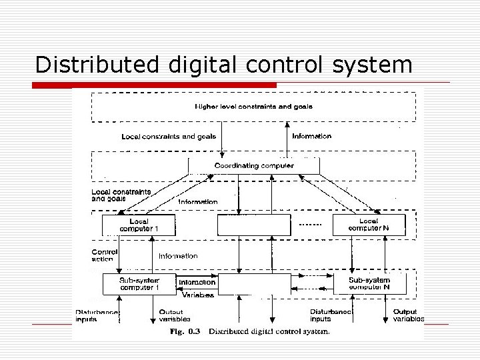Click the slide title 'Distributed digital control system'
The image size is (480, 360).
click(x=223, y=65)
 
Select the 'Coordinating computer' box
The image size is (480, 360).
click(x=254, y=165)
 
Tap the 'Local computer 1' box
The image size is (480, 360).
click(x=139, y=225)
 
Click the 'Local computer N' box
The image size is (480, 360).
click(x=368, y=225)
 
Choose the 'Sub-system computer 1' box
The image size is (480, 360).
click(x=139, y=284)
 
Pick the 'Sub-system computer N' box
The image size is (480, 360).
click(x=369, y=284)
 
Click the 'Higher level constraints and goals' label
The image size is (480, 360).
click(x=254, y=106)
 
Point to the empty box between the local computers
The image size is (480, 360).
click(x=254, y=225)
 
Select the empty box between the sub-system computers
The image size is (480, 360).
click(x=255, y=284)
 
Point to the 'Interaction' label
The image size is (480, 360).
click(x=197, y=283)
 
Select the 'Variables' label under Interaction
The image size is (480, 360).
click(x=198, y=295)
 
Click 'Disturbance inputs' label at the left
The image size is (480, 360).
click(x=97, y=315)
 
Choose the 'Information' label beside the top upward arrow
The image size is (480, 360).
click(x=312, y=136)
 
